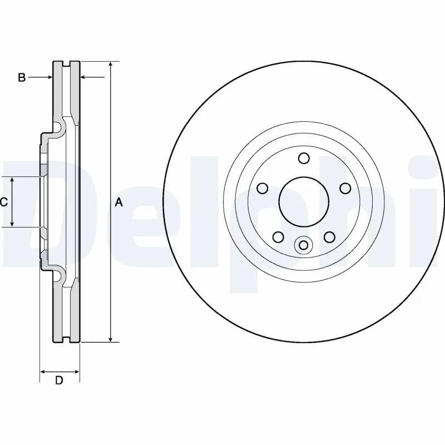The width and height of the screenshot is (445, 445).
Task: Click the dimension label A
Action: click(118, 203)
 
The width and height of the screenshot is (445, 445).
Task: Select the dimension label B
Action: click(22, 77)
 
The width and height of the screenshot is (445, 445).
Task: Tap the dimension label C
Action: click(4, 202)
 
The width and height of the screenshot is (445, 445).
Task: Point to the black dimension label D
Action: click(59, 380)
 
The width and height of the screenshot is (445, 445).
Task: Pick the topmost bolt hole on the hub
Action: click(303, 159)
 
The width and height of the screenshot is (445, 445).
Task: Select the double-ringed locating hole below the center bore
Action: click(303, 245)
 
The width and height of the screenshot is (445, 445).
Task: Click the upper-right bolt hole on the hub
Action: click(344, 188)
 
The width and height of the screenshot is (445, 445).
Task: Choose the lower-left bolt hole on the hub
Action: click(278, 237)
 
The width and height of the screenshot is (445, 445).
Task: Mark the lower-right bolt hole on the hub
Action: click(329, 237)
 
